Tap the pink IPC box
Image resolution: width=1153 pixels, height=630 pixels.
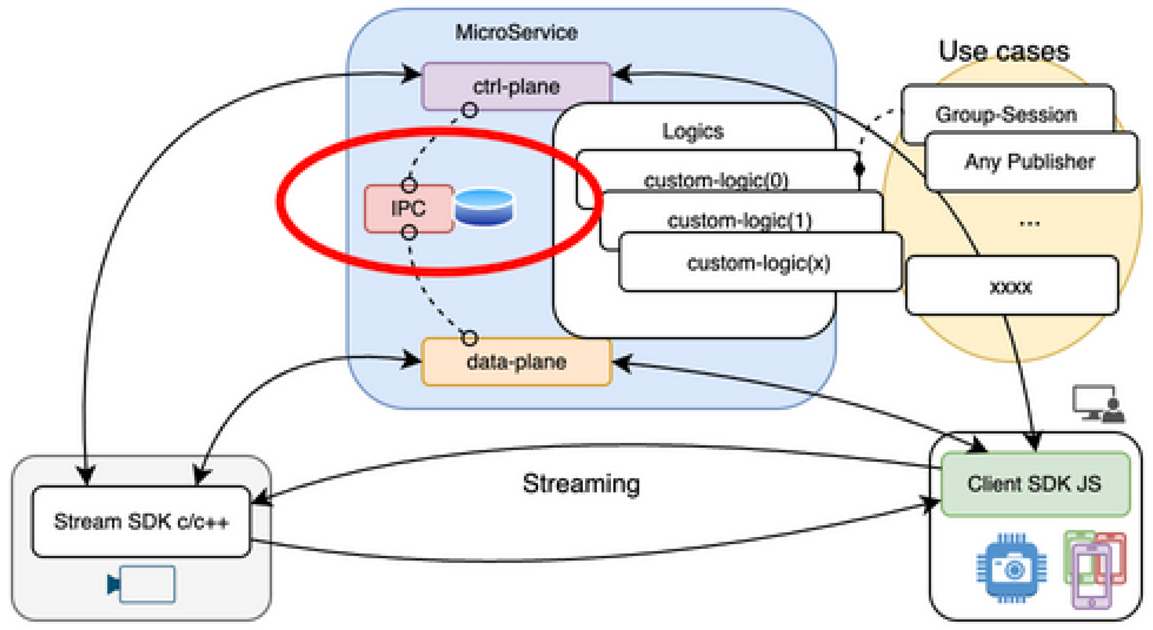pos(409,209)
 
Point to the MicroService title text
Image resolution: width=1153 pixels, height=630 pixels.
pos(516,32)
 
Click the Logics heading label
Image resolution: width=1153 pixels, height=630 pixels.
pos(693,131)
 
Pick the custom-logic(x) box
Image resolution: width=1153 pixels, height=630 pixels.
pos(759,263)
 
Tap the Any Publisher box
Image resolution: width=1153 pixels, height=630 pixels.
pos(1029,162)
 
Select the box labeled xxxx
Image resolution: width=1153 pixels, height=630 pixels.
pos(1011,286)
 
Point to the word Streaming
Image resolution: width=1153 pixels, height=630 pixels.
pos(581,484)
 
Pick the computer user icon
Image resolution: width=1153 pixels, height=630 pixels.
pos(1098,404)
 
